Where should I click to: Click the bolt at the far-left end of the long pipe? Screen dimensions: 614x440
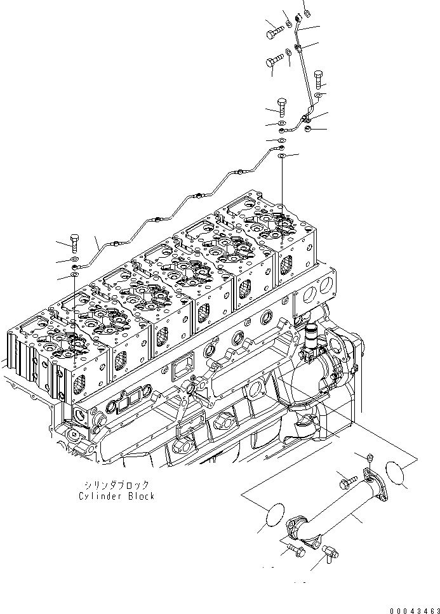[x=74, y=242]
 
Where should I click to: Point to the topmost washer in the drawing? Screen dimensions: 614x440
[x=307, y=11]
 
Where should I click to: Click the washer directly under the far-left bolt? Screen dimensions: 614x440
[x=74, y=259]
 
